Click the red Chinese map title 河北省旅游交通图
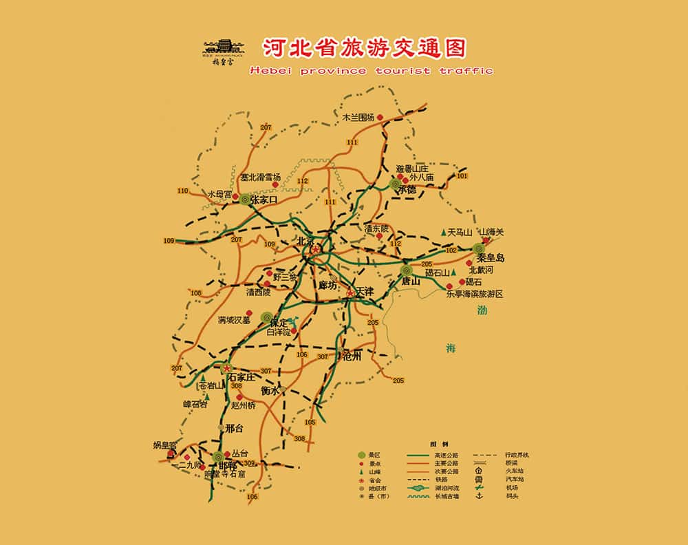pyautogui.click(x=364, y=47)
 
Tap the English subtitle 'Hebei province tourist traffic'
pyautogui.click(x=372, y=70)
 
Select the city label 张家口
pyautogui.click(x=263, y=200)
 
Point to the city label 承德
pyautogui.click(x=407, y=190)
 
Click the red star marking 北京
pyautogui.click(x=315, y=250)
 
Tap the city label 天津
pyautogui.click(x=364, y=292)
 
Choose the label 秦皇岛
pyautogui.click(x=491, y=258)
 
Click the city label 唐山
pyautogui.click(x=411, y=281)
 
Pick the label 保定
pyautogui.click(x=278, y=323)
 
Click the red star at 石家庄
pyautogui.click(x=226, y=369)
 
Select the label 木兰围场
pyautogui.click(x=358, y=118)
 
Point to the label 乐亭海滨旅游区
pyautogui.click(x=475, y=294)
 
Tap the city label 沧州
pyautogui.click(x=352, y=355)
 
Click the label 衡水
pyautogui.click(x=270, y=390)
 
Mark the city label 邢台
pyautogui.click(x=234, y=427)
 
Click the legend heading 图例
pyautogui.click(x=439, y=444)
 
